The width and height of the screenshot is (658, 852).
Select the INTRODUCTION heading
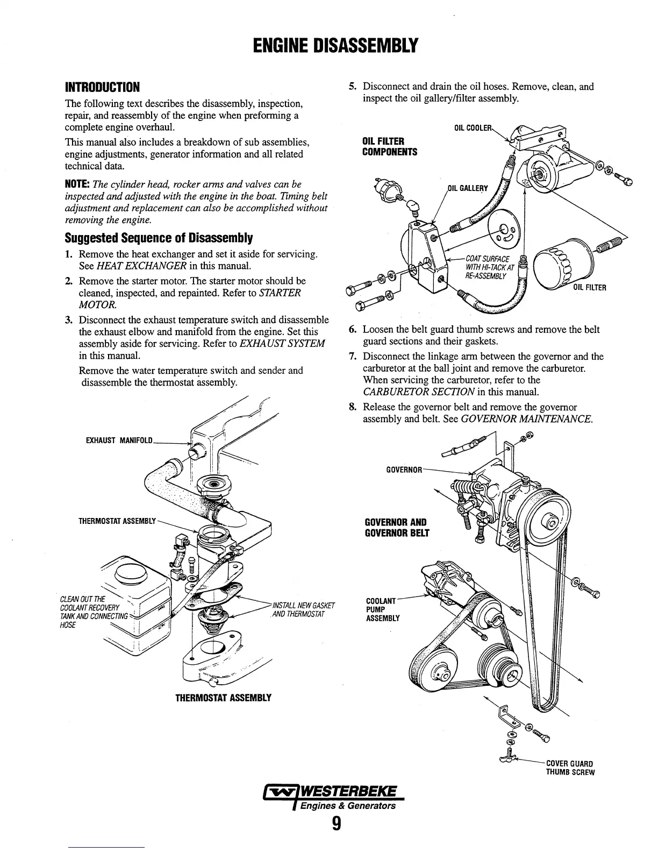click(x=102, y=87)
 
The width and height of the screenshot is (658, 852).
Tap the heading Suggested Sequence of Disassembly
click(x=159, y=238)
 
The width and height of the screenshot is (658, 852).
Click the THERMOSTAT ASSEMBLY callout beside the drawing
click(x=117, y=521)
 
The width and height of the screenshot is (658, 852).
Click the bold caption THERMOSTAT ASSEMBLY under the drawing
click(x=223, y=698)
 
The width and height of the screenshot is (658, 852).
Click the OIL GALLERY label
click(x=468, y=188)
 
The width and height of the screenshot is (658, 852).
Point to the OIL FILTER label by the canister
click(x=589, y=287)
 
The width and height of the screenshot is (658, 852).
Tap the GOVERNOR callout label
click(x=404, y=470)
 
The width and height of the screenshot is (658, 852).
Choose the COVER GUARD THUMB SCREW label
click(x=570, y=768)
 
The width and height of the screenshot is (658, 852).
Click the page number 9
click(x=336, y=824)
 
